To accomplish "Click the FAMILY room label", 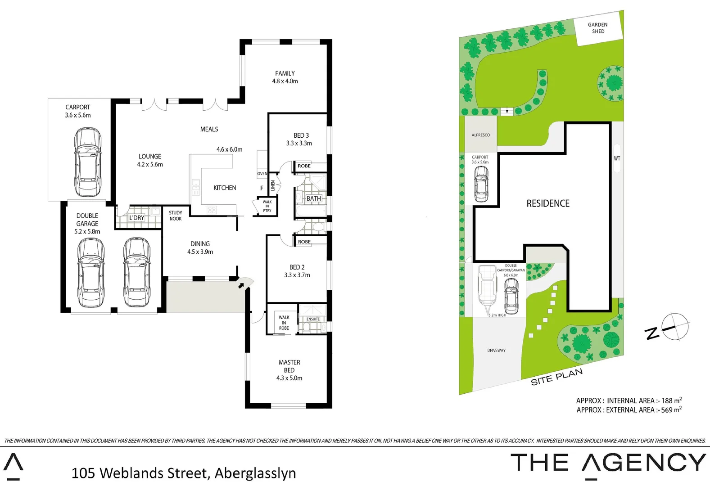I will point(285,73).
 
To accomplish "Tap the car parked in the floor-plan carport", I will point(88,162).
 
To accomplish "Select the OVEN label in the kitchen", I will point(262,174).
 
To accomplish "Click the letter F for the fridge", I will point(262,188).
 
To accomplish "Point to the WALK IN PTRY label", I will point(267,206).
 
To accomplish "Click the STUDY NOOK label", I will point(176,216).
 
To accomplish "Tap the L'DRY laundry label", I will point(136,218).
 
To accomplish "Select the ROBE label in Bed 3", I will point(304,166).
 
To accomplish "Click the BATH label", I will point(314,198).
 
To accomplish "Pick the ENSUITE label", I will point(313,319).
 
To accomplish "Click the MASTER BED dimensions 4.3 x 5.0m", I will point(289,378).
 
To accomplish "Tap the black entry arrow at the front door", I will point(241,285).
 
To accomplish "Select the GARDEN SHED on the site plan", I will point(598,28).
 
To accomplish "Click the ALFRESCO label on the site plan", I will point(480,135).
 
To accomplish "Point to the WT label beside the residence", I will point(617,158).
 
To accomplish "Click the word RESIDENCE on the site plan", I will point(548,203).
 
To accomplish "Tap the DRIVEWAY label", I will point(496,350).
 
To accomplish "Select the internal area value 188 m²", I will point(671,400).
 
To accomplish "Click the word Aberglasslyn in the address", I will point(255,473).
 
